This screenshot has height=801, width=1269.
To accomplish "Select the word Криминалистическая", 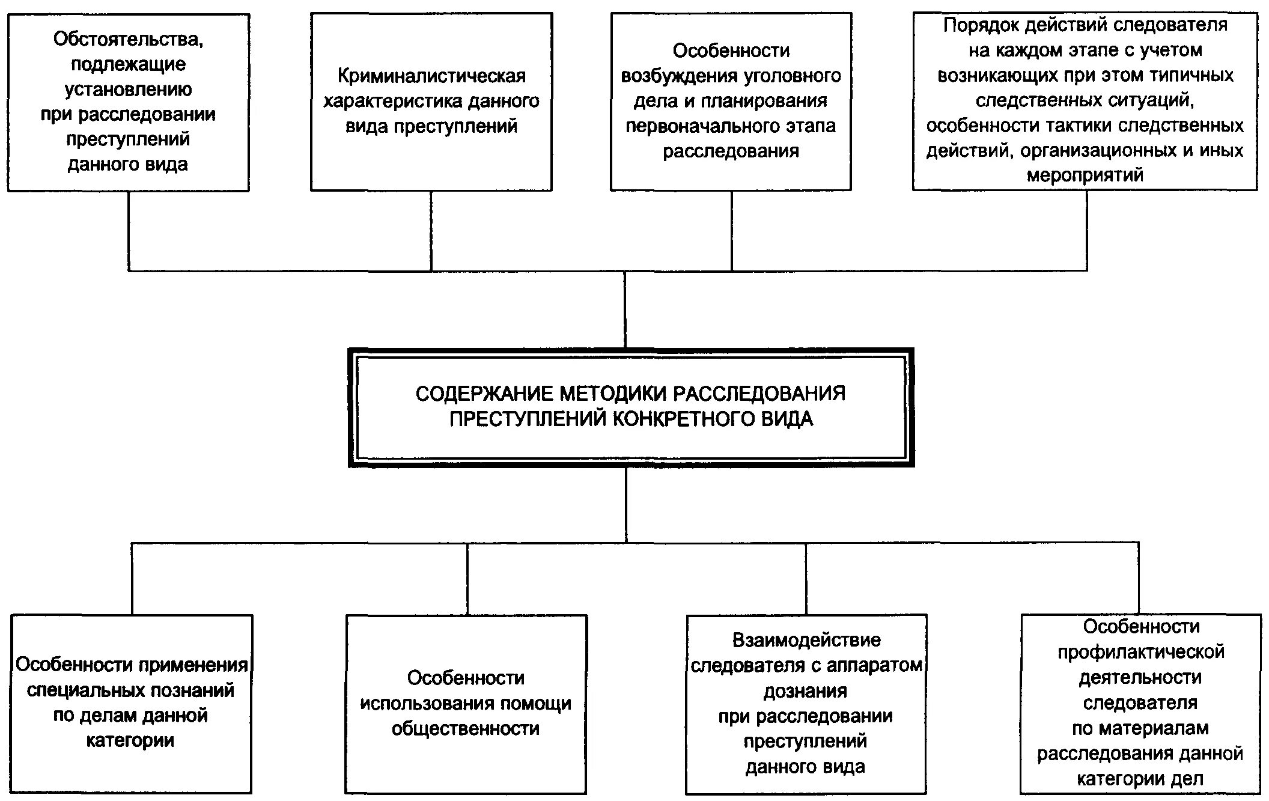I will [x=431, y=76].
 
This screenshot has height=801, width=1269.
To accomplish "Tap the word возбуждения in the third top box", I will [x=677, y=76].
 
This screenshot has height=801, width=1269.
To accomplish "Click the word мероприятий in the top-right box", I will [x=1085, y=175].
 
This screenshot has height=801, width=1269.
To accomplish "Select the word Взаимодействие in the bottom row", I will [x=806, y=641].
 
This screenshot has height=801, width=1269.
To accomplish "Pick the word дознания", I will [x=805, y=691].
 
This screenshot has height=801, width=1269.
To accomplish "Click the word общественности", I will [x=466, y=729].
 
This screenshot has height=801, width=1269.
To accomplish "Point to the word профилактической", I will [x=1140, y=652].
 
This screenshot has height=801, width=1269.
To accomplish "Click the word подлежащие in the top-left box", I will [x=128, y=64].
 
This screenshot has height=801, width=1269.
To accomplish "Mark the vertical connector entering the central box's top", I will [x=625, y=309].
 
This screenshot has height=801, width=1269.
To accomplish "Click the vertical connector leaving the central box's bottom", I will [x=626, y=505].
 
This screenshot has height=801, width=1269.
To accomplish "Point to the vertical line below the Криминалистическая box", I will [x=431, y=231].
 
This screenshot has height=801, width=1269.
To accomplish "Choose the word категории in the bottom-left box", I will [x=130, y=741].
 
